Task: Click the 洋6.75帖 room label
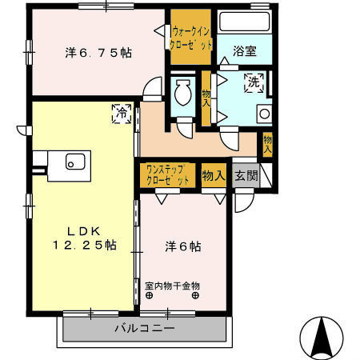[x=98, y=53]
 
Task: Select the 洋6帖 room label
[x=184, y=247]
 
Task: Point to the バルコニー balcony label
[x=144, y=329]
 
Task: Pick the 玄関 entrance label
[x=246, y=175]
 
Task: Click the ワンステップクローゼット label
[x=167, y=175]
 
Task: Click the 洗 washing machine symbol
[x=254, y=81]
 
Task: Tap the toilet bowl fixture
[x=182, y=96]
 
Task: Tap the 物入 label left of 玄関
[x=212, y=175]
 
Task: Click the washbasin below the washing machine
[x=266, y=113]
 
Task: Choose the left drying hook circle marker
[x=149, y=295]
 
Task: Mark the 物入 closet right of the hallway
[x=267, y=144]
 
